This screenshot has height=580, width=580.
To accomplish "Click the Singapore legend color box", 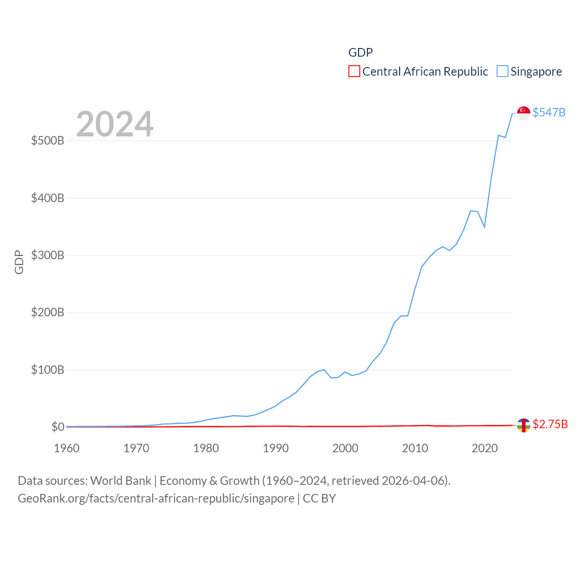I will pyautogui.click(x=503, y=72).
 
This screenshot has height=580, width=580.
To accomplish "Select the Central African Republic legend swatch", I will pyautogui.click(x=354, y=72).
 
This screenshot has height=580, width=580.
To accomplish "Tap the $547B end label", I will pyautogui.click(x=549, y=112).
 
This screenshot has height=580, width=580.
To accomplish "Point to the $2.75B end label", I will pyautogui.click(x=550, y=424).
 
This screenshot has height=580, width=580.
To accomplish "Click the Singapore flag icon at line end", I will pyautogui.click(x=524, y=113).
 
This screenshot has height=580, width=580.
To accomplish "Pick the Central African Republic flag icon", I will pyautogui.click(x=524, y=425).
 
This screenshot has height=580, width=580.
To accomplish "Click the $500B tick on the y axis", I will pyautogui.click(x=48, y=140).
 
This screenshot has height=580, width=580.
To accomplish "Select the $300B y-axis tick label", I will pyautogui.click(x=48, y=255).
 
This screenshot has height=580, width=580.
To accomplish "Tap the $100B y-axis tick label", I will pyautogui.click(x=48, y=370).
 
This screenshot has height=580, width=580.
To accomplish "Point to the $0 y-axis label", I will pyautogui.click(x=58, y=427).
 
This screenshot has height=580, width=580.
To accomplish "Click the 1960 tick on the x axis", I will pyautogui.click(x=67, y=448).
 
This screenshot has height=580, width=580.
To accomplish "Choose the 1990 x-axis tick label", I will pyautogui.click(x=275, y=448).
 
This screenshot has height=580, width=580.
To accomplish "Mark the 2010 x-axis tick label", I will pyautogui.click(x=415, y=448).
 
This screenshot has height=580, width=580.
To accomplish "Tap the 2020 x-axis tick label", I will pyautogui.click(x=485, y=448).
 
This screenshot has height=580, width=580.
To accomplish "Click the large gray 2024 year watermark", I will pyautogui.click(x=115, y=124).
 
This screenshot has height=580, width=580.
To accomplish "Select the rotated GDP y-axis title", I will pyautogui.click(x=19, y=262).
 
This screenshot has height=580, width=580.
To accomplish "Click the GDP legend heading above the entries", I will pyautogui.click(x=361, y=53).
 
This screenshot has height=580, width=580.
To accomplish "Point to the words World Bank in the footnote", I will pyautogui.click(x=121, y=480).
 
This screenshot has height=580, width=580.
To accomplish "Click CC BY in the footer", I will pyautogui.click(x=319, y=498).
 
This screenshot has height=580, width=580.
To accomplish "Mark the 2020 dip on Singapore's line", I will pyautogui.click(x=484, y=227).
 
